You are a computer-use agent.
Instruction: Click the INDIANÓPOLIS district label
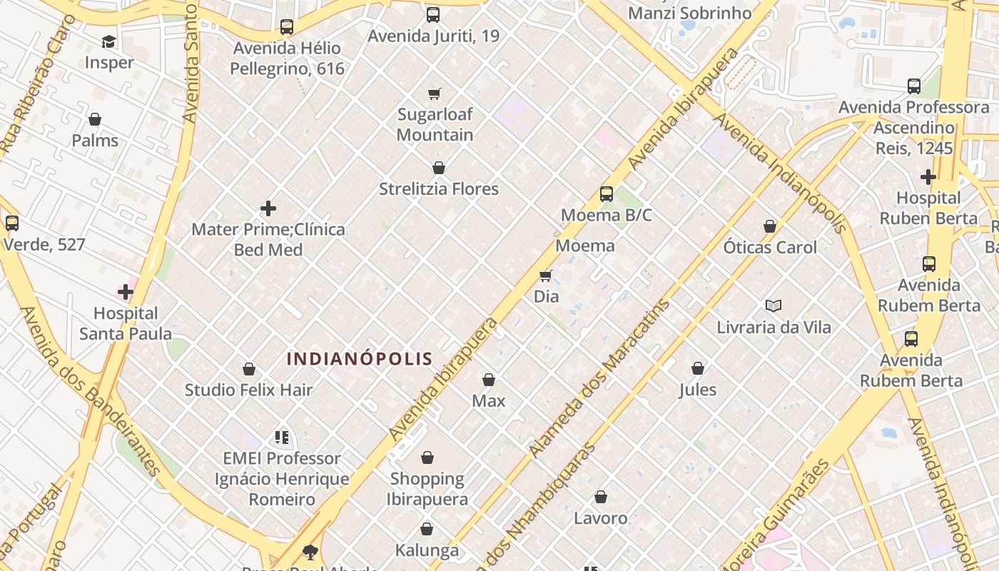360,358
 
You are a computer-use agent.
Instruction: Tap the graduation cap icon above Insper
108,42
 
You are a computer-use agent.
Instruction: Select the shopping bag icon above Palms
95,119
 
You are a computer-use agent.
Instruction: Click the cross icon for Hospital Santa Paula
126,292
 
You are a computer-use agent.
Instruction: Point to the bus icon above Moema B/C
607,194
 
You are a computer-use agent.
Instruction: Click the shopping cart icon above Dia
546,276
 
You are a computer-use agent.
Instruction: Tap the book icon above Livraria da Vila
774,306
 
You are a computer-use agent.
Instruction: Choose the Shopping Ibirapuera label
427,489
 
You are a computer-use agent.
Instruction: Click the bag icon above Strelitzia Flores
439,168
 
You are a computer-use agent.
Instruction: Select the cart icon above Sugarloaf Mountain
435,94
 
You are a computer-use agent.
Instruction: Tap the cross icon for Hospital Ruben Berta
928,176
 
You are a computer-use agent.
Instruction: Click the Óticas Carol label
770,248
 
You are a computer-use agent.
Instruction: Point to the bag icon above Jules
698,369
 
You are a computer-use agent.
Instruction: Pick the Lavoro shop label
601,518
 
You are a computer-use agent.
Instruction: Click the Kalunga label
427,550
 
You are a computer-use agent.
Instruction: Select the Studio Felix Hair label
249,390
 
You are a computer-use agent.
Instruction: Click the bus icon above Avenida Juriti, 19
433,15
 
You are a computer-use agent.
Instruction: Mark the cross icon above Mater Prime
268,208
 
